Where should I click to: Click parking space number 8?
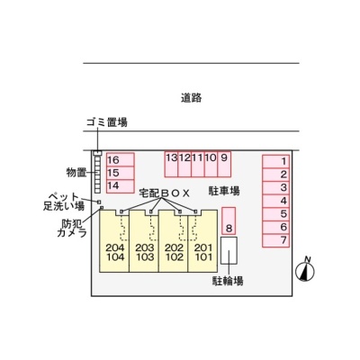click(229, 220)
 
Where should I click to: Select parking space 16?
click(121, 159)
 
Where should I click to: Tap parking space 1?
click(276, 162)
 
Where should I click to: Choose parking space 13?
click(171, 164)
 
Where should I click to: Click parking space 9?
click(224, 164)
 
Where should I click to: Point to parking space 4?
click(276, 202)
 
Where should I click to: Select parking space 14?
click(121, 186)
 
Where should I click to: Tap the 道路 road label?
click(191, 98)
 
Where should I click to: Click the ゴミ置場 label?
click(107, 122)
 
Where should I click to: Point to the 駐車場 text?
click(224, 191)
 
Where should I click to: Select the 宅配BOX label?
click(165, 193)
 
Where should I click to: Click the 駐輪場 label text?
click(228, 281)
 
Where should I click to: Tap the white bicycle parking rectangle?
click(229, 250)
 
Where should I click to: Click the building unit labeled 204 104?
click(114, 241)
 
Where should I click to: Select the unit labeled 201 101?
click(202, 241)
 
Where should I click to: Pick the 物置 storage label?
click(76, 173)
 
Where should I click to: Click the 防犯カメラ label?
click(72, 229)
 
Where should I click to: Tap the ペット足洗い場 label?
click(64, 202)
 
